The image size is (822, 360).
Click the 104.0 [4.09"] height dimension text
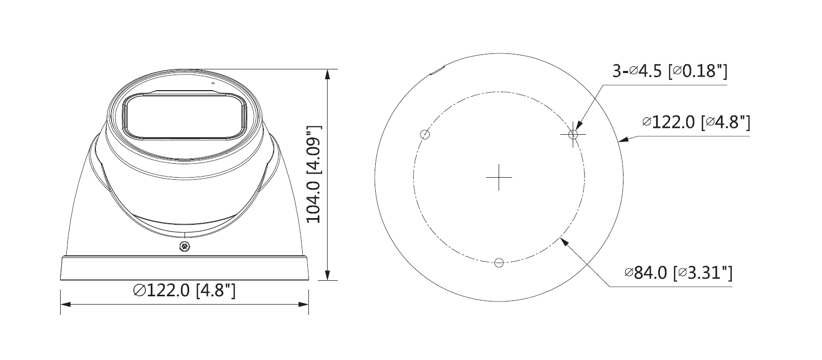[x=314, y=174]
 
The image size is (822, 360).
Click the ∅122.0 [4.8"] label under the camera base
[x=185, y=291]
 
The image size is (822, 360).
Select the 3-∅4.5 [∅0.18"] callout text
[x=670, y=71]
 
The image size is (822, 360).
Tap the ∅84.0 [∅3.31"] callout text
[x=678, y=272]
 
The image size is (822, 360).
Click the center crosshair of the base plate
[x=499, y=177]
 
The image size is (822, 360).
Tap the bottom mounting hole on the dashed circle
[x=499, y=263]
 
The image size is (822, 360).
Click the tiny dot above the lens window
[x=212, y=82]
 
